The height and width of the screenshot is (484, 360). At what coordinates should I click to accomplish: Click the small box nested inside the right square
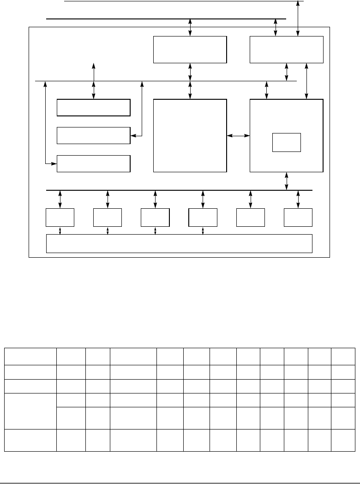click(286, 142)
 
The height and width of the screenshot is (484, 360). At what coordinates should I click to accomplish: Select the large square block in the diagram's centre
click(190, 135)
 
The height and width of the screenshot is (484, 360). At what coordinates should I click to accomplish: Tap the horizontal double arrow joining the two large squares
click(238, 135)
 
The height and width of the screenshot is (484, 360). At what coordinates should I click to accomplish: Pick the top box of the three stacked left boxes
click(93, 107)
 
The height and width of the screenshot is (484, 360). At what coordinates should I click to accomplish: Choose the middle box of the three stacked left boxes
click(93, 135)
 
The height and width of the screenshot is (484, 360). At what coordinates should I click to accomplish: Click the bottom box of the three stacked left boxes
click(93, 163)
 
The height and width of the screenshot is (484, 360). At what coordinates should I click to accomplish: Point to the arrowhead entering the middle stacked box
click(133, 135)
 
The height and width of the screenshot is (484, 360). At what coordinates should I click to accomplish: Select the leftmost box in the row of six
click(60, 218)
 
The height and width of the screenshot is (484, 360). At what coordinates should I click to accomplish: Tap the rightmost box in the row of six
click(298, 218)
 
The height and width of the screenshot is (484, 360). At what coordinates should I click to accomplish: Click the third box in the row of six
click(155, 218)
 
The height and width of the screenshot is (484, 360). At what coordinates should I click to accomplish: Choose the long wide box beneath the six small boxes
click(180, 243)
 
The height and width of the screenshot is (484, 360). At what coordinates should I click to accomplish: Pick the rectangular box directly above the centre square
click(190, 49)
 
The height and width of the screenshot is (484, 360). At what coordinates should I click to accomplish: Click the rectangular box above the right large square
click(286, 49)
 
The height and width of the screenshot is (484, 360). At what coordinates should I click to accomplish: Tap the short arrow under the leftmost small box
click(60, 230)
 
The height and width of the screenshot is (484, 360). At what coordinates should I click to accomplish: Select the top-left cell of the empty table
click(30, 357)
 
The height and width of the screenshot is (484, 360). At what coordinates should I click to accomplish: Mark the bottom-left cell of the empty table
click(30, 440)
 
